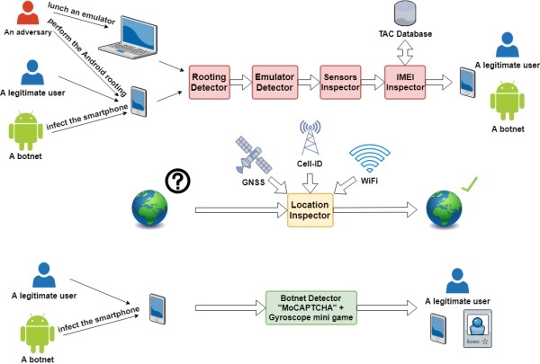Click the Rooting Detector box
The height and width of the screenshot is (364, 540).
[209, 83]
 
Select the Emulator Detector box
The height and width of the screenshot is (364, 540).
[274, 83]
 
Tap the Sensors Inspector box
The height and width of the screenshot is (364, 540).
[339, 83]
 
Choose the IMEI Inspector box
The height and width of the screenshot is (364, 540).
[404, 83]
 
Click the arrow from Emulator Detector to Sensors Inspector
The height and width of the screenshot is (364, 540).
[307, 83]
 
